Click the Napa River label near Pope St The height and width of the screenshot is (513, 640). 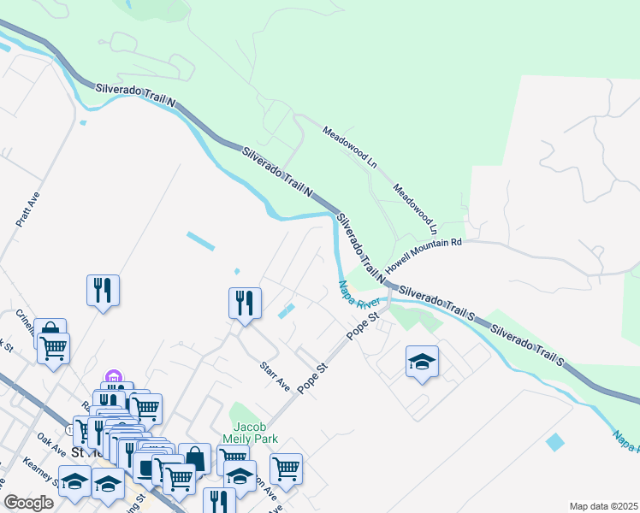pyautogui.click(x=358, y=296)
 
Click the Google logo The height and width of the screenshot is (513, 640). pyautogui.click(x=29, y=503)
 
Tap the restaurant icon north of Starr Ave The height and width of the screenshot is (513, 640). pyautogui.click(x=245, y=302)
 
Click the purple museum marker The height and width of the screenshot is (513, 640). pyautogui.click(x=112, y=377)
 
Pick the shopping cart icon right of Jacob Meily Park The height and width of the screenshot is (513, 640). pyautogui.click(x=286, y=468)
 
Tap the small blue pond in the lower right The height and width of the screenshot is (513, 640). pyautogui.click(x=555, y=442)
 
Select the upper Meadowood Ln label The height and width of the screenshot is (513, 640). pyautogui.click(x=350, y=145)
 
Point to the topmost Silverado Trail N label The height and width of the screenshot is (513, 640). pyautogui.click(x=135, y=94)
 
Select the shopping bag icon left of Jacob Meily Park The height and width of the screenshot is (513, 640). pyautogui.click(x=195, y=458)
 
